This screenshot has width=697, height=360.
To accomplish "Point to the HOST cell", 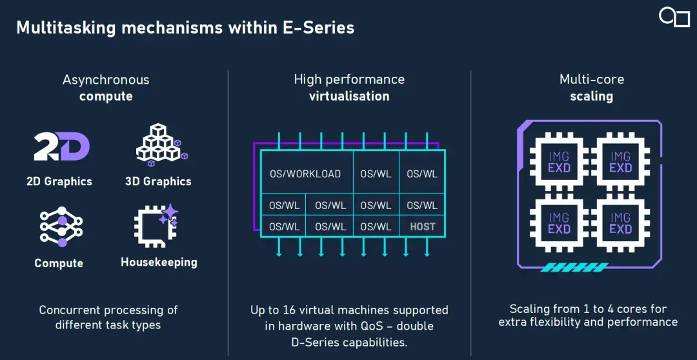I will coord(423,226).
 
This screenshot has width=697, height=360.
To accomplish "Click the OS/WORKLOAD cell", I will coord(305,174).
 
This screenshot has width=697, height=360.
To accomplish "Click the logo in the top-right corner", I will coord(674,17).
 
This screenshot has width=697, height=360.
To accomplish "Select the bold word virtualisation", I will coord(349,97).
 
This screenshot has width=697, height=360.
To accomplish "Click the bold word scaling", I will coord(591,97).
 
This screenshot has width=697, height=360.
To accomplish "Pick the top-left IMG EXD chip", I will coord(559,161).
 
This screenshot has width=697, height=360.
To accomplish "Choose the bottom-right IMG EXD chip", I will coord(620,223).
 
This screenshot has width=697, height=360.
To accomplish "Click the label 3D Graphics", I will coord(158,181).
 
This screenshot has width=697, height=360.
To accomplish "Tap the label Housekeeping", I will coord(159,263).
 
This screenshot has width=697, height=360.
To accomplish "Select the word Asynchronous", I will coord(106,80).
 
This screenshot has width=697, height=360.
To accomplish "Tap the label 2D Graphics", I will coord(59,181).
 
